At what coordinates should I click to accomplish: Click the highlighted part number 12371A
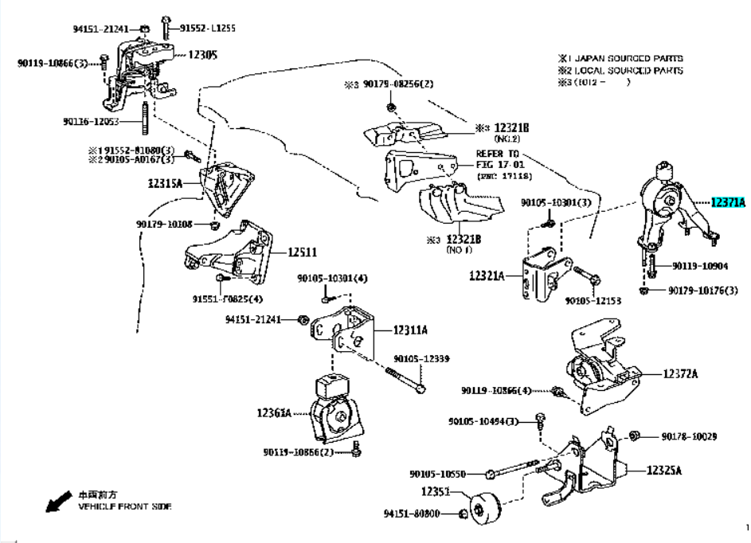[x=727, y=204]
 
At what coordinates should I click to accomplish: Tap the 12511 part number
[x=301, y=252]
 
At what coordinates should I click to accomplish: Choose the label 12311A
[x=409, y=330]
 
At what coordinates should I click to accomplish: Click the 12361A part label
[x=274, y=412]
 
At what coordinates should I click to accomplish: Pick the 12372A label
[x=681, y=373]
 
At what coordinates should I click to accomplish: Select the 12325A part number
[x=665, y=470]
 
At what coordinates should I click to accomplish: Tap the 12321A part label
[x=487, y=275]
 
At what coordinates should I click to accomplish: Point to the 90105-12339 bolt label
[x=423, y=359]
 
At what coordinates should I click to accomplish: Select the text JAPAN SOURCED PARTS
[x=625, y=58]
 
